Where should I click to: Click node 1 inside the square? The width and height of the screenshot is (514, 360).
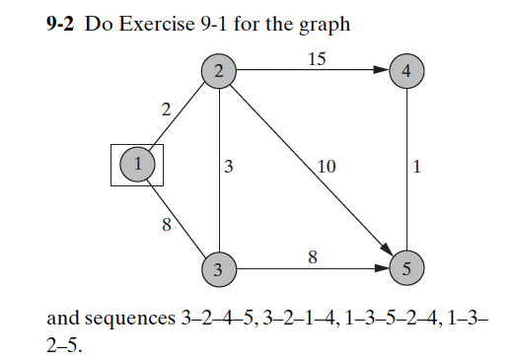coord(137,164)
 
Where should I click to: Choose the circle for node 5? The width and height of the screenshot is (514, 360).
coord(406,267)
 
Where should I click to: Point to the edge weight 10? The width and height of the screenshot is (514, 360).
coord(327,168)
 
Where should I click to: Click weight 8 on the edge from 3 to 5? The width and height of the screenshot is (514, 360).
coord(313,257)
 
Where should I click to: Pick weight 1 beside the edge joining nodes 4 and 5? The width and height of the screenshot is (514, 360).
coord(418,168)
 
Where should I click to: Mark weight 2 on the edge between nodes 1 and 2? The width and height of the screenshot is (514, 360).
coord(166,109)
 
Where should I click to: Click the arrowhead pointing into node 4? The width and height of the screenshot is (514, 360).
coord(383,71)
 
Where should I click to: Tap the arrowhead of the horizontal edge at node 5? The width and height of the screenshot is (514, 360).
coord(384,267)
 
